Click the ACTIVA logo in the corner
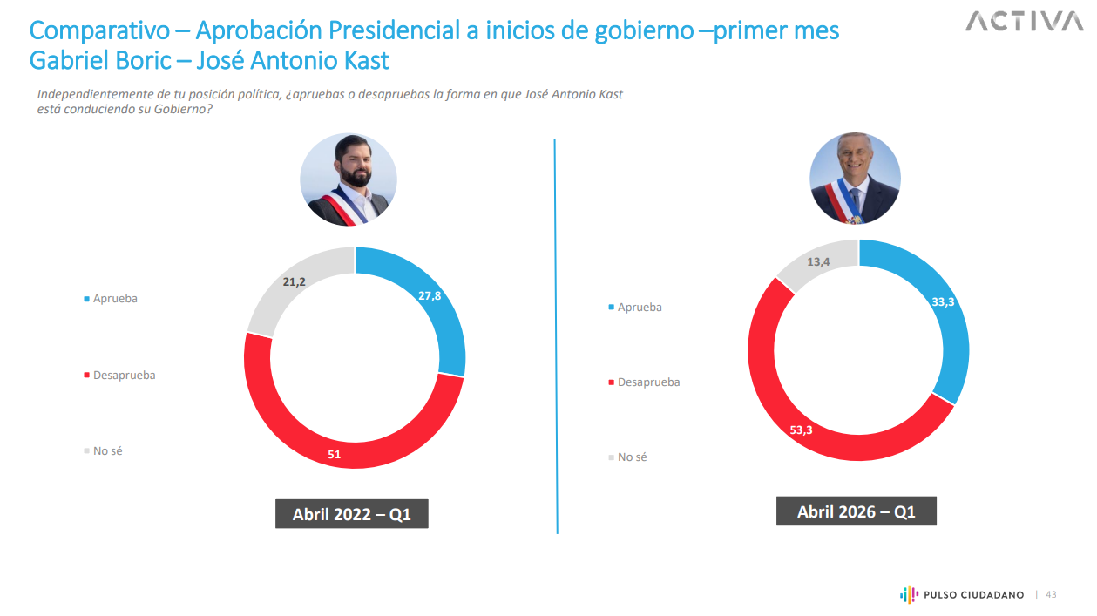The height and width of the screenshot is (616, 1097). point(1024,21)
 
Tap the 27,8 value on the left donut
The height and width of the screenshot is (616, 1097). point(430,295)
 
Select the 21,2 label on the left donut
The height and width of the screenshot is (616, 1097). point(295,281)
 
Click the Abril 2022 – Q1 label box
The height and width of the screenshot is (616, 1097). point(351,514)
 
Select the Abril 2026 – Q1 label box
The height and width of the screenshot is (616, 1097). point(856,511)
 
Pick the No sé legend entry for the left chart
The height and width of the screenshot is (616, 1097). point(107,451)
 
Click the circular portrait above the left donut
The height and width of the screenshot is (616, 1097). point(349,181)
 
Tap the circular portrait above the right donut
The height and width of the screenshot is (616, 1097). point(855,179)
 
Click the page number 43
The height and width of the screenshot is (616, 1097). point(1051,594)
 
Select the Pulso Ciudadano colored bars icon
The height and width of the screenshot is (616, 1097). point(908,594)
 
